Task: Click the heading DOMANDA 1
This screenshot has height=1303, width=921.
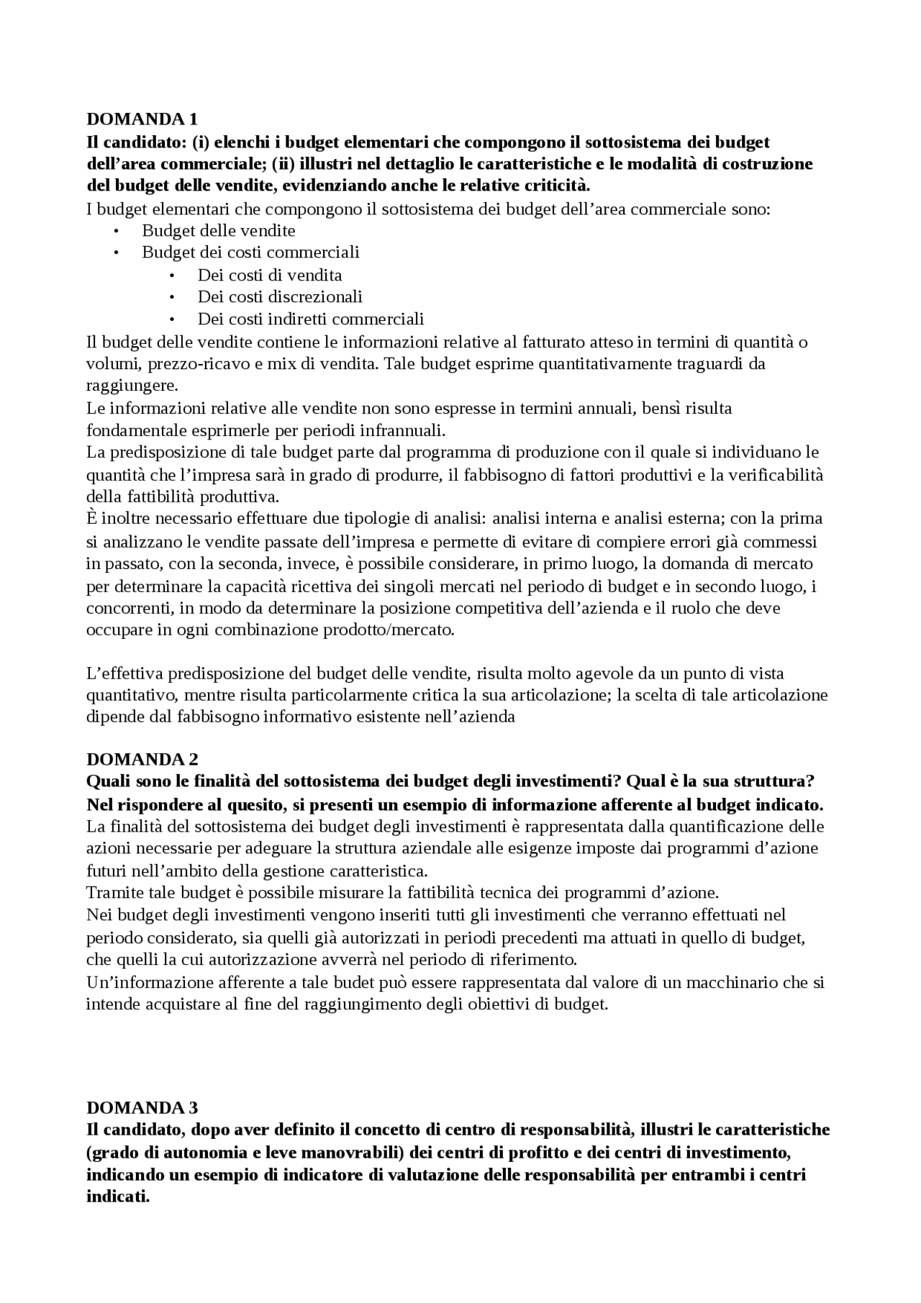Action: (142, 119)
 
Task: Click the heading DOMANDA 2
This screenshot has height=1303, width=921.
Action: (142, 759)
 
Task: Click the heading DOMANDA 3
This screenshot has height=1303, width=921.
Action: (142, 1107)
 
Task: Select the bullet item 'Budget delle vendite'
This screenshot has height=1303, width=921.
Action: (218, 231)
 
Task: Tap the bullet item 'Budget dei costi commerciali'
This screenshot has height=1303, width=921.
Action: (250, 253)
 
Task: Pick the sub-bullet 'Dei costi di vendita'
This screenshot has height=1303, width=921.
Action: (270, 275)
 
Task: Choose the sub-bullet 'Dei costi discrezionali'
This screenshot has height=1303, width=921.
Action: (280, 296)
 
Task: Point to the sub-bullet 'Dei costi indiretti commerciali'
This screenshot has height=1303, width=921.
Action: (311, 319)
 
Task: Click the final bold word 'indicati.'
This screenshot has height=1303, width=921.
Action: (118, 1198)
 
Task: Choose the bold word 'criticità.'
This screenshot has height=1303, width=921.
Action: (558, 186)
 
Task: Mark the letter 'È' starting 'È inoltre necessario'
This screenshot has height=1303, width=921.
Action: (92, 518)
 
